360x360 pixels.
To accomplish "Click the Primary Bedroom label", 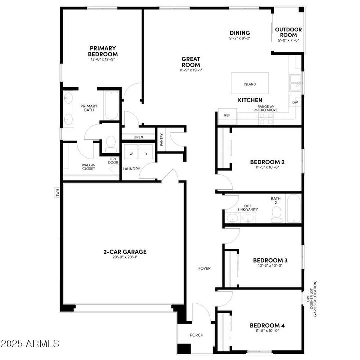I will coord(103,51).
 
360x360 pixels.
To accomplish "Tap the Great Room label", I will coord(191,62).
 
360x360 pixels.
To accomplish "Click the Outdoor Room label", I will coord(289,32).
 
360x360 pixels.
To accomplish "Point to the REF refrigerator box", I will coord(227,115).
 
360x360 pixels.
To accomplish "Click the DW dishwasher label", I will coord(295,103).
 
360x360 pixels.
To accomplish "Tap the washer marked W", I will coord(131,154).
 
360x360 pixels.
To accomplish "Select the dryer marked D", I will coord(146,154).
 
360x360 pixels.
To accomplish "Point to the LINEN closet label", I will coord(138,137).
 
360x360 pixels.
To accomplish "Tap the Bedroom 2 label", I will coord(267,162).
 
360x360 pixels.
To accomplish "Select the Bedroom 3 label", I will coord(270,260).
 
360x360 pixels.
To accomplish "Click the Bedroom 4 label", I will coord(267,326).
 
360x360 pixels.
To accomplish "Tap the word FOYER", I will coord(204,268).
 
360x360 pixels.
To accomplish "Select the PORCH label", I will coord(196,335).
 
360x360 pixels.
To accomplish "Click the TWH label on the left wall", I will coord(57,192).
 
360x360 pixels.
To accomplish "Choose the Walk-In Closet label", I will coord(89,167).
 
